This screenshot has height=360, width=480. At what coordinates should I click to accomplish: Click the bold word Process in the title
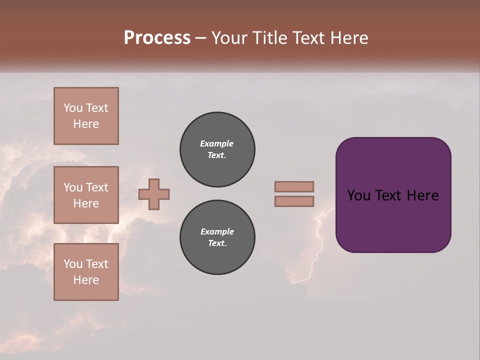(157, 38)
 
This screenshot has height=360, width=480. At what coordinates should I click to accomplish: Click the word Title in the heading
(269, 38)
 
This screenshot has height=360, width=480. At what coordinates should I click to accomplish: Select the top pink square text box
(86, 116)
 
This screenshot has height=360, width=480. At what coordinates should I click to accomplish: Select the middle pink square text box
(86, 195)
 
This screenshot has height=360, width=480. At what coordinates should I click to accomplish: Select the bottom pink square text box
(86, 272)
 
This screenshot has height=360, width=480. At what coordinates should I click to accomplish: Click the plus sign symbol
(154, 194)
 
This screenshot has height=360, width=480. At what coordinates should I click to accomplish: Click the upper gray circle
(217, 149)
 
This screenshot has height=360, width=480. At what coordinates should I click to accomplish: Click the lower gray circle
(217, 237)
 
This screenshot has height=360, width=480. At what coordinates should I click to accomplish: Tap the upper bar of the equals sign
(294, 186)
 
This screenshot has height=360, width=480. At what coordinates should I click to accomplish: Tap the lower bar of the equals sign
(294, 201)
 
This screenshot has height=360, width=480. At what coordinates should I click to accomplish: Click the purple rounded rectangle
(393, 220)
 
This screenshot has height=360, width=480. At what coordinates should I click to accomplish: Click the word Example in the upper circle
(216, 143)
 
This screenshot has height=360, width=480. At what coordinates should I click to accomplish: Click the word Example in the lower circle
(216, 231)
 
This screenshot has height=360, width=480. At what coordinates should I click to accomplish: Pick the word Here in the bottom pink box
(86, 280)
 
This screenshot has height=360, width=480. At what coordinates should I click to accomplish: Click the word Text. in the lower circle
(217, 243)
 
